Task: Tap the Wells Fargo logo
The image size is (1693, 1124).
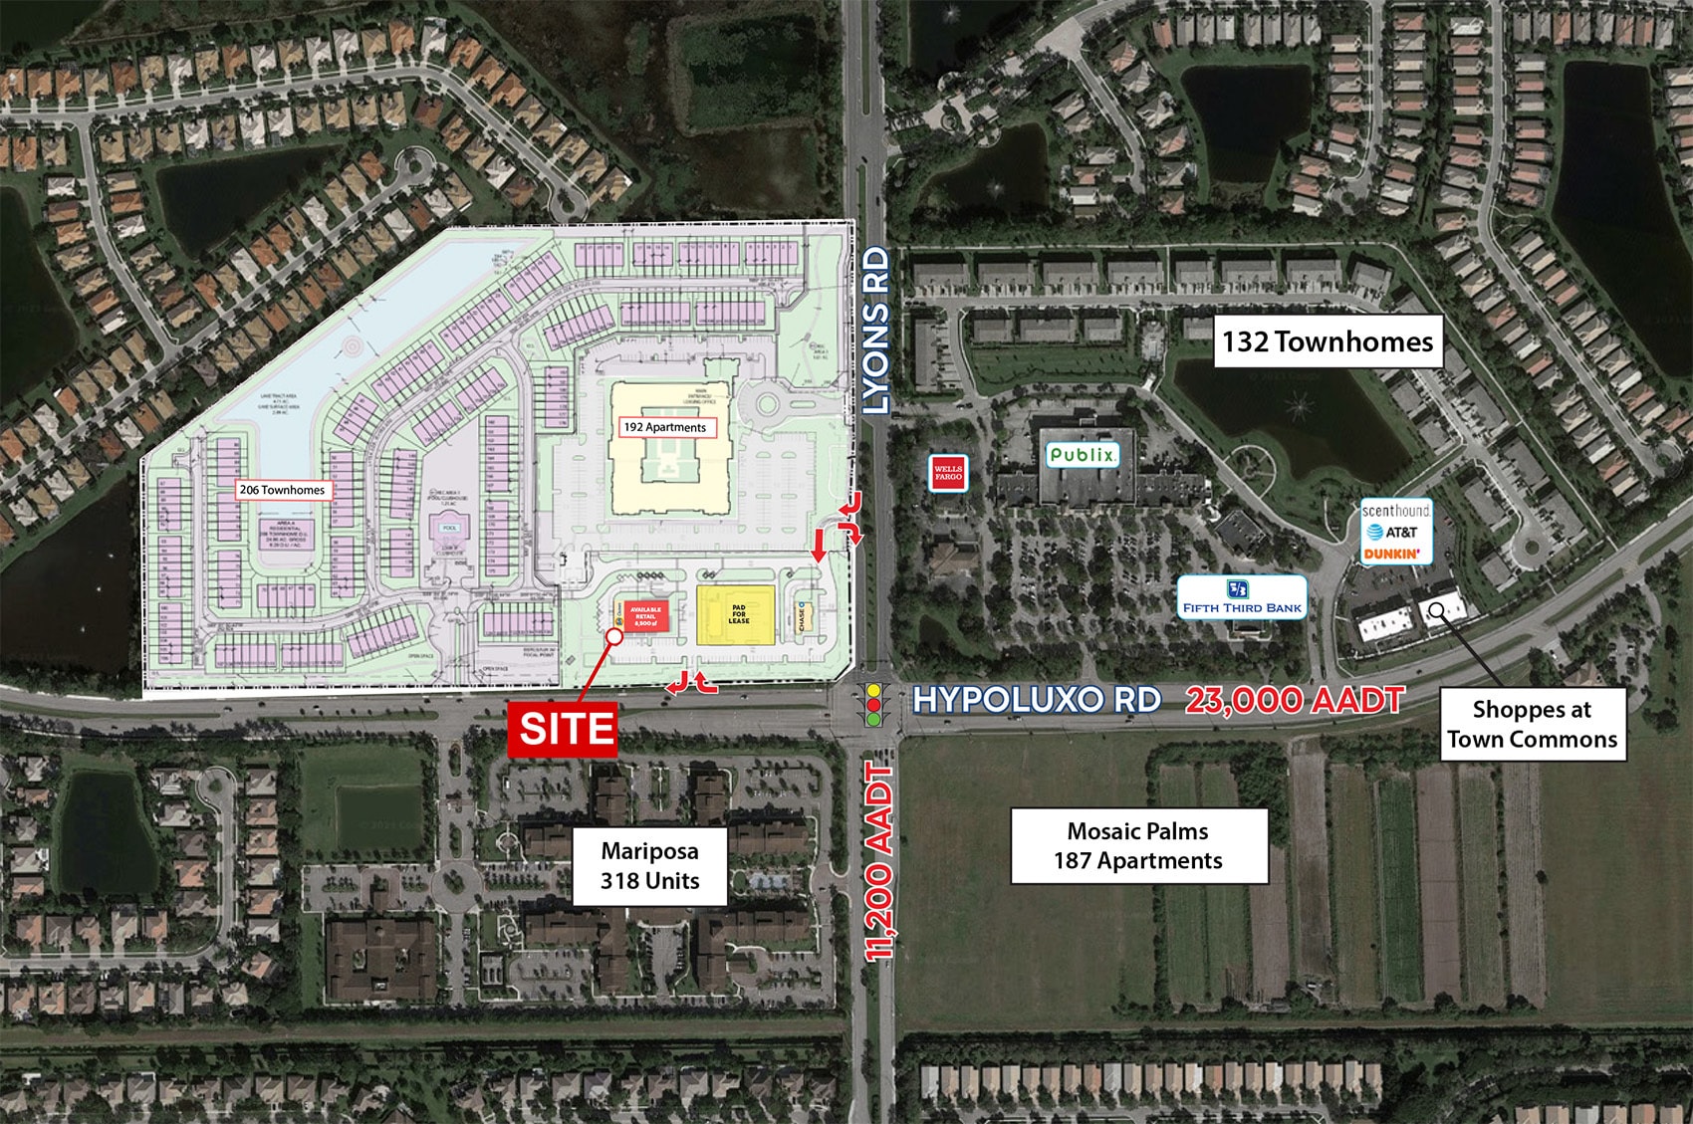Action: pos(948,473)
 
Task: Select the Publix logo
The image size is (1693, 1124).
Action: pos(1083,455)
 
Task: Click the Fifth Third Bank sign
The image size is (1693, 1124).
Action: pos(1242,597)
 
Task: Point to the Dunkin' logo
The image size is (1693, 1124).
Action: pos(1392,554)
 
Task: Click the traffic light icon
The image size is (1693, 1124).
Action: pos(875,703)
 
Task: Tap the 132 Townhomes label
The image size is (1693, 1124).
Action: pos(1328,342)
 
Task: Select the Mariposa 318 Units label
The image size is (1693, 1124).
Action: pos(649,866)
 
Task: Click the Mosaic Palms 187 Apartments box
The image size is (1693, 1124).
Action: pos(1138,846)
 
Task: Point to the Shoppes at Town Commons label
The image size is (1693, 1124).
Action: pos(1532,725)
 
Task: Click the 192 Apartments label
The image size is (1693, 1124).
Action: pos(664,427)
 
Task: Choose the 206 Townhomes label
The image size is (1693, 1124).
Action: pos(282,490)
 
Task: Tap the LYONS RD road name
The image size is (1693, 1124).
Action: pos(875,332)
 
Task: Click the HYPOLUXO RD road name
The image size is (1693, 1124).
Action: pos(1037,700)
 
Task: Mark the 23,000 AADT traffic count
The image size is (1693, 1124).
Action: pos(1295,700)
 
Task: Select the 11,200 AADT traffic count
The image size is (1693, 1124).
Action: pos(877,862)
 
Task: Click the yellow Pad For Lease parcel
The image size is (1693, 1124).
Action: pos(738,613)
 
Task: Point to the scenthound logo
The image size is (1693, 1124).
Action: pos(1395,510)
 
